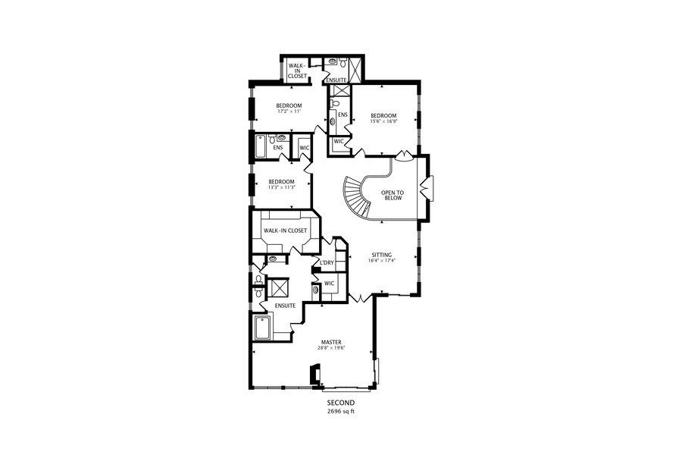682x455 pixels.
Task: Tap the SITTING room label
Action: pyautogui.click(x=381, y=255)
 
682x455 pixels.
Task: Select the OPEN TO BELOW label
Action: pyautogui.click(x=393, y=196)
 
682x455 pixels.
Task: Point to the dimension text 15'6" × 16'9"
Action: pyautogui.click(x=383, y=122)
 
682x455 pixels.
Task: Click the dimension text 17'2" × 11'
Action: pyautogui.click(x=289, y=111)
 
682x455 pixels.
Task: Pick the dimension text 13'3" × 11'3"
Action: pyautogui.click(x=281, y=188)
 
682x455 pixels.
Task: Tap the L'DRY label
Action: pyautogui.click(x=327, y=263)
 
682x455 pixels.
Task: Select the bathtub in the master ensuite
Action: pyautogui.click(x=262, y=328)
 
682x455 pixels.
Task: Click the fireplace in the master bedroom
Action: pyautogui.click(x=314, y=375)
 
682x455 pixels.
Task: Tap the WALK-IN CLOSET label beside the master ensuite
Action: pyautogui.click(x=285, y=231)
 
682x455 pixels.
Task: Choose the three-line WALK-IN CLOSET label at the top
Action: pyautogui.click(x=297, y=71)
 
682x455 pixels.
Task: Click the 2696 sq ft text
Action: pyautogui.click(x=340, y=412)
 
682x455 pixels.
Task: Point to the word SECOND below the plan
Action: pyautogui.click(x=340, y=403)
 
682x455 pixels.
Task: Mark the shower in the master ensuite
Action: pyautogui.click(x=279, y=287)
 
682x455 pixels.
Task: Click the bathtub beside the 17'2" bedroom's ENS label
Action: pyautogui.click(x=259, y=147)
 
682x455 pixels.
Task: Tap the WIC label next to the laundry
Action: pyautogui.click(x=330, y=284)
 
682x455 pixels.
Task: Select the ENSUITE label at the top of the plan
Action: pyautogui.click(x=336, y=80)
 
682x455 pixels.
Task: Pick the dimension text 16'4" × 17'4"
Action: pyautogui.click(x=381, y=262)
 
